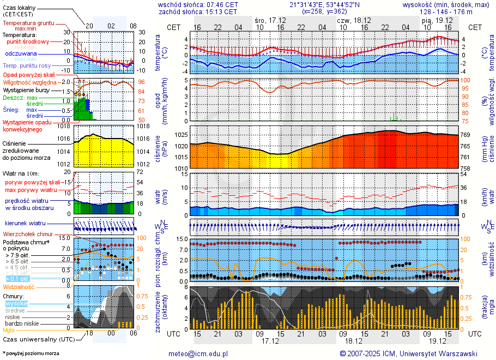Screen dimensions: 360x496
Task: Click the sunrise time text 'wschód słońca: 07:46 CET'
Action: [198, 4]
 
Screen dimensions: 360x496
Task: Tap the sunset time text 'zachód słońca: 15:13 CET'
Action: [198, 11]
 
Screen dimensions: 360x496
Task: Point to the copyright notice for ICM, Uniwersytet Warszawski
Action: [408, 353]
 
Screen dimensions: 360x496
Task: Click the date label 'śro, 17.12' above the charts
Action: [271, 20]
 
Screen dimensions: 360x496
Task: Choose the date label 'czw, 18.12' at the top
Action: [355, 20]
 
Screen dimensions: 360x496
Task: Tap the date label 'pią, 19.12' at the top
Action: [434, 20]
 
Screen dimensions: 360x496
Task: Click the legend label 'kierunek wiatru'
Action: [26, 224]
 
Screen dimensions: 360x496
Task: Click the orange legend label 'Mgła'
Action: [9, 330]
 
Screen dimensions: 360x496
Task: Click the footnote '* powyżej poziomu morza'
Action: [31, 353]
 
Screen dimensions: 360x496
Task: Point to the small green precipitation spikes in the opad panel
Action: [396, 117]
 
